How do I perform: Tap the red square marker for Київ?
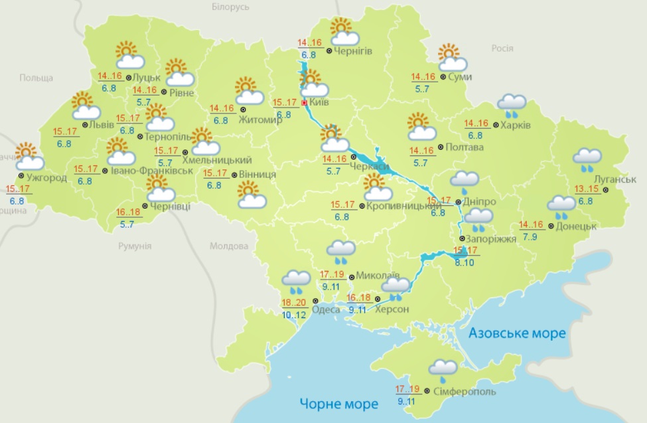305,104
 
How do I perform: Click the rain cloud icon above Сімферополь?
443,369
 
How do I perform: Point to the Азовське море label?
518,333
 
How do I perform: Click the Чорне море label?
338,403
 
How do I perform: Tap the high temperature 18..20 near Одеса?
293,302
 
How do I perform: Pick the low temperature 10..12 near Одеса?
293,313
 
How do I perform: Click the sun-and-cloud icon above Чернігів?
344,32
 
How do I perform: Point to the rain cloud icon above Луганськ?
587,158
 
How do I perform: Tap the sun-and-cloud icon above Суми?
452,58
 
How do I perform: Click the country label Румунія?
135,246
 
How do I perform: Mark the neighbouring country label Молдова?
229,246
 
